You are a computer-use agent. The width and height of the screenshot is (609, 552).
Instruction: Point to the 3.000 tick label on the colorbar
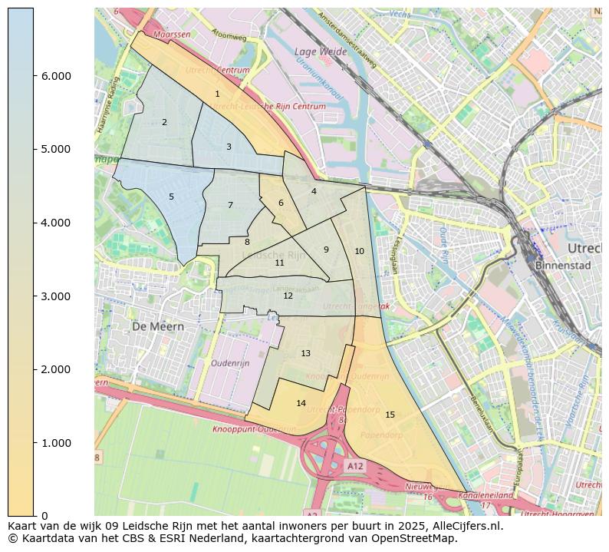point(55,296)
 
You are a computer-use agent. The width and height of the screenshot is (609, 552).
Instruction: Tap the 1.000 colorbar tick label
point(55,443)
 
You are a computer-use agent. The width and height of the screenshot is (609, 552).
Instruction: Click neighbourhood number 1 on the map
point(217,94)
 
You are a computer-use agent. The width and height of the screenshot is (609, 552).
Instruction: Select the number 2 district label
point(164,122)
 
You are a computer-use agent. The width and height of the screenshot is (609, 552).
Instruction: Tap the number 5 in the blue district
point(171,197)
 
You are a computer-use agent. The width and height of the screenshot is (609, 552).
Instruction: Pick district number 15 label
point(390,415)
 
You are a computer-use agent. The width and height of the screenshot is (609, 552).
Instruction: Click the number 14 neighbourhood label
point(301,403)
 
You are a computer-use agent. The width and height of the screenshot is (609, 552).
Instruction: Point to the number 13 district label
point(305,353)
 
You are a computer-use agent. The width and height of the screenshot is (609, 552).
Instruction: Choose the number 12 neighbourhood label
point(288,296)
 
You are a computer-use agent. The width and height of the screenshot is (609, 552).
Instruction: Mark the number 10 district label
point(359,251)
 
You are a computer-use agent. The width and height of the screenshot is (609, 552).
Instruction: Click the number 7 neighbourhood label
point(230,205)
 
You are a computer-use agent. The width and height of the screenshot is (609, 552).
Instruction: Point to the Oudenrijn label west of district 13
point(230,363)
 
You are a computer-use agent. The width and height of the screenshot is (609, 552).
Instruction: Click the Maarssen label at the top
point(171,35)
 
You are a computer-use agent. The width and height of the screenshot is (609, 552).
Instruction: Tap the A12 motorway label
point(354,466)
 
